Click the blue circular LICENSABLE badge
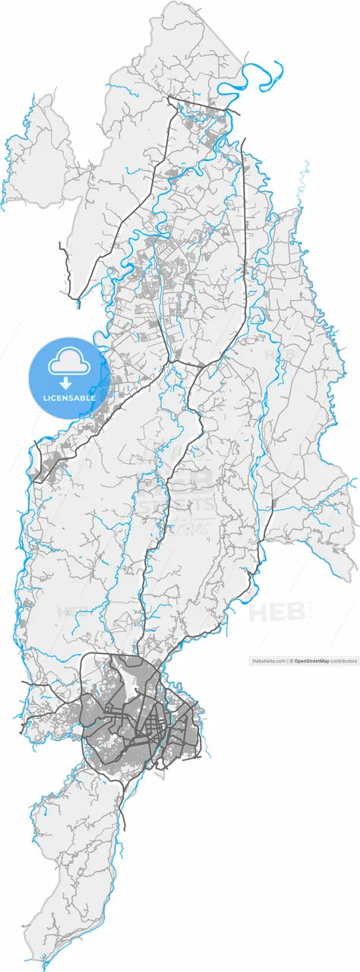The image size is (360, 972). [x=70, y=378]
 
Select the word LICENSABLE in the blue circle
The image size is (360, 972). [x=70, y=396]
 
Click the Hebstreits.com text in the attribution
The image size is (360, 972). [x=269, y=661]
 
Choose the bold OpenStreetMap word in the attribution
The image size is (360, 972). [x=312, y=661]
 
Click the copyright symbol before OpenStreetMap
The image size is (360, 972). [x=292, y=661]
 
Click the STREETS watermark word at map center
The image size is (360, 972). [x=175, y=504]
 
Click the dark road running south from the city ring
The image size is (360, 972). [x=124, y=801]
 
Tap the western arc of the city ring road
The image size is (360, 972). [x=82, y=714]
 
